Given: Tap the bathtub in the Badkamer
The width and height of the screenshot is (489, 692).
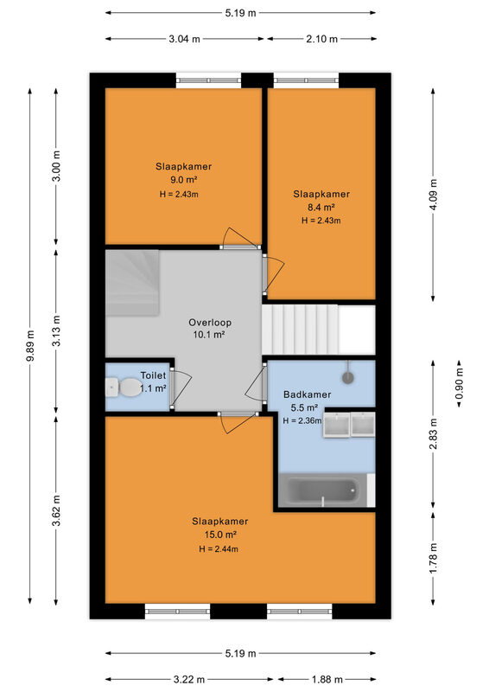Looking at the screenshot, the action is [x=324, y=490].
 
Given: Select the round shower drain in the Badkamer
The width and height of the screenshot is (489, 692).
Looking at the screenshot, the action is [x=348, y=377].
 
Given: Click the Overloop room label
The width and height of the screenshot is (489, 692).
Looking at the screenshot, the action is [x=210, y=322].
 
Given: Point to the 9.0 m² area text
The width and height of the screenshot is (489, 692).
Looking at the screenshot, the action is [x=183, y=180].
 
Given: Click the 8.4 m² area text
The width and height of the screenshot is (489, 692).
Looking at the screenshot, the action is [x=321, y=207].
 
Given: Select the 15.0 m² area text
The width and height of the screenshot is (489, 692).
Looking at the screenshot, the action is [x=220, y=535].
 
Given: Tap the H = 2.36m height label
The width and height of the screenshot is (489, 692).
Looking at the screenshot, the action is [x=302, y=420].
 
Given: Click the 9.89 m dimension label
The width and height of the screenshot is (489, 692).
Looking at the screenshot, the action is [x=30, y=345].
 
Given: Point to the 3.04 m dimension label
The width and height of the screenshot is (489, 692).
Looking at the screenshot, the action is [x=184, y=39].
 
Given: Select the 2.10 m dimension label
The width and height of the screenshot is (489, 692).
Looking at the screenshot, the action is [x=322, y=39].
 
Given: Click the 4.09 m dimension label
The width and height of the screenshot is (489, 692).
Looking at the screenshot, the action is [x=433, y=195].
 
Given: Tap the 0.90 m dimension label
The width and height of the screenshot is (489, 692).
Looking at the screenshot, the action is [x=459, y=383].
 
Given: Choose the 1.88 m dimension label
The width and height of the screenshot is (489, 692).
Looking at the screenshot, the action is [x=327, y=679].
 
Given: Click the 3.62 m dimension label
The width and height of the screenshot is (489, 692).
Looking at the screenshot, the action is [x=56, y=510].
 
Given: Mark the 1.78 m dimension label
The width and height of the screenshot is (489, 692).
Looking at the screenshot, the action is [x=433, y=559].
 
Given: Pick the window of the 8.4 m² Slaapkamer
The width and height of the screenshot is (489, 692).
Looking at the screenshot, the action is [x=306, y=80].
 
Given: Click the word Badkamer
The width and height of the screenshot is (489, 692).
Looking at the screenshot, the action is [x=307, y=394].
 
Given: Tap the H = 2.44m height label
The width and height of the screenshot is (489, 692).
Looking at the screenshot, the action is [x=219, y=549].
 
